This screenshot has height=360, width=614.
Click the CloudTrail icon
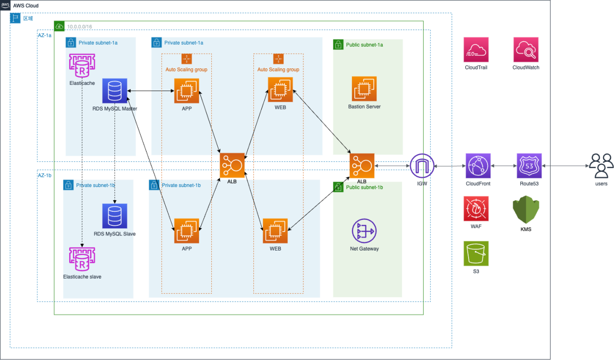tap(476, 49)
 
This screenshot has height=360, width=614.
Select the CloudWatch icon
tap(526, 49)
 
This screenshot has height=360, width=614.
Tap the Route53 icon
tap(529, 166)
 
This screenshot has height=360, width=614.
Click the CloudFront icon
tap(478, 166)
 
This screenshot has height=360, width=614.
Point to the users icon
tap(601, 166)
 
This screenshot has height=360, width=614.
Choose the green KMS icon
tap(526, 210)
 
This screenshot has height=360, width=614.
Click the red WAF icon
tap(476, 209)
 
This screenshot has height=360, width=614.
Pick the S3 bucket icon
tap(476, 253)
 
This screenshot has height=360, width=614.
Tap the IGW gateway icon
tap(422, 166)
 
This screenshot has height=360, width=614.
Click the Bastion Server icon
tap(364, 89)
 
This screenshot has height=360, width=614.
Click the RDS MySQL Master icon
tap(115, 91)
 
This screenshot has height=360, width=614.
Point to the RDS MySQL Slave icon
tap(114, 216)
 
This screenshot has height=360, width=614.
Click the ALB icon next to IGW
tap(362, 165)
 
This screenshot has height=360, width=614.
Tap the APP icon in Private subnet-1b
tap(187, 231)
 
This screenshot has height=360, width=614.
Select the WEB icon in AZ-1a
tap(280, 89)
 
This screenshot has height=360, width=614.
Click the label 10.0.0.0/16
tap(79, 26)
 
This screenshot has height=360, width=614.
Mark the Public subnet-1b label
tap(364, 187)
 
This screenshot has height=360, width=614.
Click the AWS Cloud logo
tap(6, 5)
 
